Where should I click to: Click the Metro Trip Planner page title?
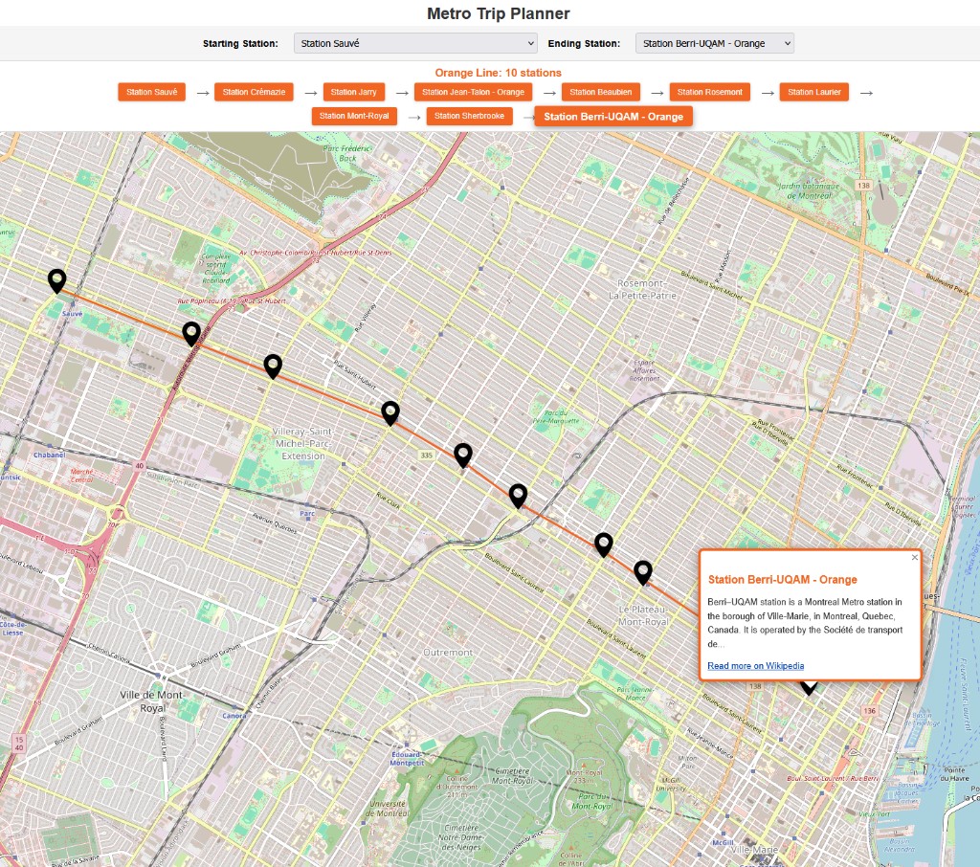pyautogui.click(x=498, y=13)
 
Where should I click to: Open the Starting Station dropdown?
pyautogui.click(x=414, y=43)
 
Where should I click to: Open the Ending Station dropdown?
pyautogui.click(x=714, y=43)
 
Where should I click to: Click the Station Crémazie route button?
pyautogui.click(x=254, y=92)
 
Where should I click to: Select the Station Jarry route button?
pyautogui.click(x=354, y=92)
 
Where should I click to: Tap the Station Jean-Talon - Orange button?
pyautogui.click(x=473, y=92)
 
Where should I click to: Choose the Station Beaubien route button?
pyautogui.click(x=601, y=92)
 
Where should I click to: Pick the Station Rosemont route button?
pyautogui.click(x=710, y=92)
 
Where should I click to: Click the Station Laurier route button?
pyautogui.click(x=814, y=92)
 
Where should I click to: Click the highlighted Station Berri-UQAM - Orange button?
pyautogui.click(x=613, y=117)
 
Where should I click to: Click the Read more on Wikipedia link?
pyautogui.click(x=755, y=666)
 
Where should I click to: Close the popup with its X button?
pyautogui.click(x=914, y=557)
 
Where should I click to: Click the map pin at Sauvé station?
pyautogui.click(x=57, y=280)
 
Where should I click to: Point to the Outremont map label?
pyautogui.click(x=448, y=652)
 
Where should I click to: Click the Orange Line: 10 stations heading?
pyautogui.click(x=498, y=73)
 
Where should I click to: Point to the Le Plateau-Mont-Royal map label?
pyautogui.click(x=643, y=615)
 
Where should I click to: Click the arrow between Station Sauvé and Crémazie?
pyautogui.click(x=202, y=93)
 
